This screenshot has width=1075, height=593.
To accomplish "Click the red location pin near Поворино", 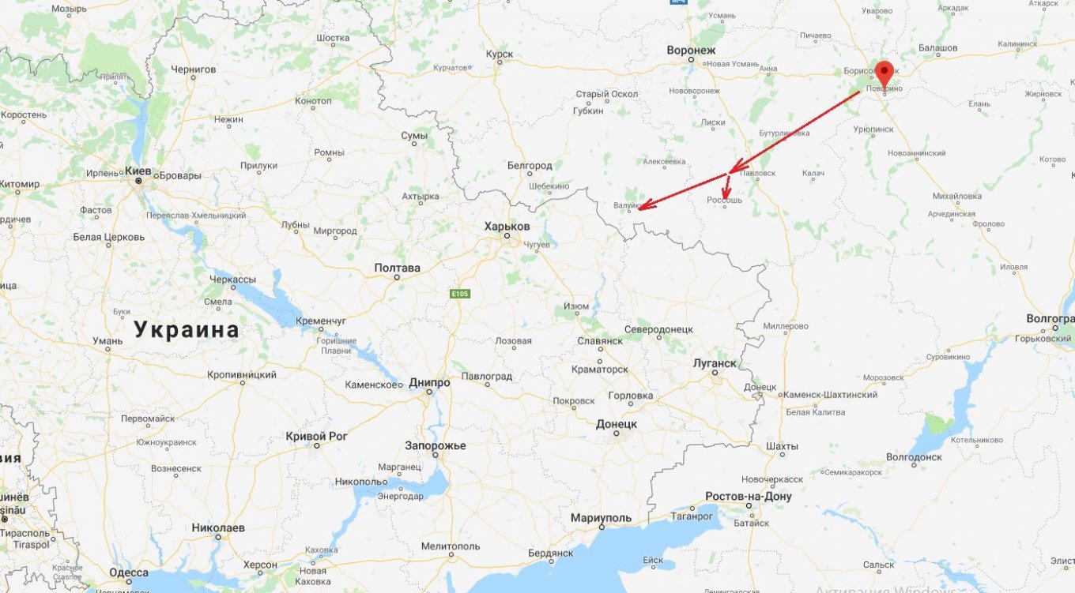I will point(885,73).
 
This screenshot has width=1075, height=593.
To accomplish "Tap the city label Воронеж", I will point(690,49).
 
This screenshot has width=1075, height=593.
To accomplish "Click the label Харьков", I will point(507,226).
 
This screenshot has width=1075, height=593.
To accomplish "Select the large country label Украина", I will point(187,329).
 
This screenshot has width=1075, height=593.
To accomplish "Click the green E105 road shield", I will point(459,294).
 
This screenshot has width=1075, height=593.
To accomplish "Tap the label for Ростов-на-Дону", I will point(749,497).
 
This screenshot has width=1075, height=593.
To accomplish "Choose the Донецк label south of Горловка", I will point(617,424).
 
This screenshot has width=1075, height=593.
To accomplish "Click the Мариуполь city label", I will point(601,518).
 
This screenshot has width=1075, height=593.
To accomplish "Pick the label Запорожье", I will point(436,445).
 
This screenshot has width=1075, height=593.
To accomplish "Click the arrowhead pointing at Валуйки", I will point(642,207).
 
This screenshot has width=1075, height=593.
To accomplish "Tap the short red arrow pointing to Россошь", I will point(726,187).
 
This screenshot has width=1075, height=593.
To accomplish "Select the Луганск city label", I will point(714,363).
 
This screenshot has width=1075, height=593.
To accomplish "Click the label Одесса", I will point(129,572).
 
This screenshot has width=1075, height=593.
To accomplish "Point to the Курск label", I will point(500,54).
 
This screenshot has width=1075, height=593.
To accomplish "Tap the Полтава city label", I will point(397,268).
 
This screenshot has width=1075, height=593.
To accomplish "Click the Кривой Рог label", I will point(316,436).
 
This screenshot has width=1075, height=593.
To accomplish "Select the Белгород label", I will point(530,166).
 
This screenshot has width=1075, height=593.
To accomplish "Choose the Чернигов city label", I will point(194,69).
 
